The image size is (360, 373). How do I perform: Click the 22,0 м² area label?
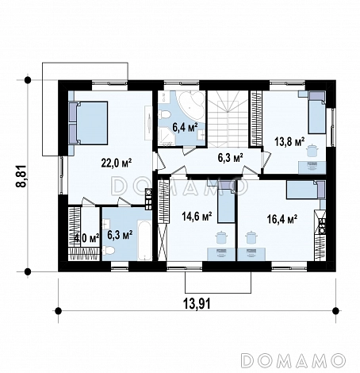[117, 163]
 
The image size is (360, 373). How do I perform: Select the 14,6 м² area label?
[197, 217]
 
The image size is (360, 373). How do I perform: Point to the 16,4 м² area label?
[282, 219]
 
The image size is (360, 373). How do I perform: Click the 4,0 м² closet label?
[87, 238]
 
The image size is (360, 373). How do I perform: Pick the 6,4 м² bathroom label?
[186, 127]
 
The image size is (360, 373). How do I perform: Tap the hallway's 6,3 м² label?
[230, 158]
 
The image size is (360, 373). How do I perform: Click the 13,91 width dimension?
[197, 303]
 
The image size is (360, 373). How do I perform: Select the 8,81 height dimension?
[21, 176]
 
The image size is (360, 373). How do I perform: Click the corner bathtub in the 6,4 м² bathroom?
[192, 105]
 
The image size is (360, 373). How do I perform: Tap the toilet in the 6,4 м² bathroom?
[164, 115]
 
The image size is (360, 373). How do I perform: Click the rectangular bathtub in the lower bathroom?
[144, 240]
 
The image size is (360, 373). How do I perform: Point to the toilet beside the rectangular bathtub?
[109, 250]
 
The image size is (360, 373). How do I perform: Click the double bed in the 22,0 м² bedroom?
[88, 123]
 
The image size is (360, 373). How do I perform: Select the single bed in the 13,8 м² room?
[317, 113]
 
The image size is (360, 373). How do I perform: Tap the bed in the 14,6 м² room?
[226, 202]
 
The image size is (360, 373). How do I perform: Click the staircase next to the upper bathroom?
[228, 118]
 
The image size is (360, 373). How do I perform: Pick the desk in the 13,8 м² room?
[312, 167]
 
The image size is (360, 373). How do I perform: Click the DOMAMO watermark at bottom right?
[293, 360]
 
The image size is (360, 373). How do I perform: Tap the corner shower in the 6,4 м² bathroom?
[166, 136]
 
